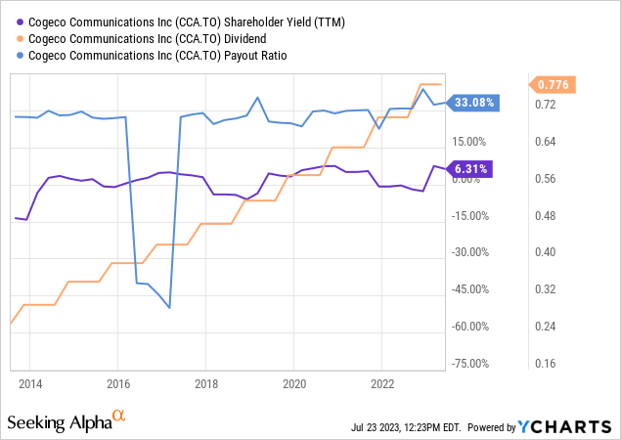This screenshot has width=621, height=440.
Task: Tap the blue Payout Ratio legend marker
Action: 14,55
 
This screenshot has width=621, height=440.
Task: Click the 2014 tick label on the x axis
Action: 30,382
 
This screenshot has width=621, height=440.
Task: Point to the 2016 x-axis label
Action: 117,382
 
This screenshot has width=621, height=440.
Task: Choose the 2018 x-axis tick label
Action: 204,382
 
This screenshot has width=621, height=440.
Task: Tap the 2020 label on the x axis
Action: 292,382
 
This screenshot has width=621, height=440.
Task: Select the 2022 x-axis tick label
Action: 379,382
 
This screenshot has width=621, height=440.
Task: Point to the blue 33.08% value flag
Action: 474,101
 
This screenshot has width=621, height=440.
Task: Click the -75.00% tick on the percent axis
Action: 472,363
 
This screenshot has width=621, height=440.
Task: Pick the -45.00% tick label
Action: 472,288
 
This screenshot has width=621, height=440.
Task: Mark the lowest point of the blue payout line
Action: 170,308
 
